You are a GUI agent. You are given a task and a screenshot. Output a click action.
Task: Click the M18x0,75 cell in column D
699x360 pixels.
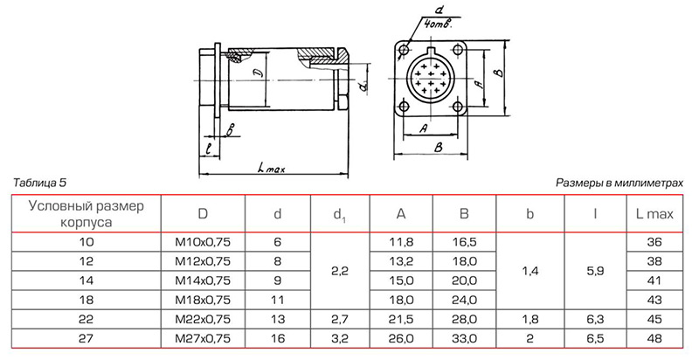tap(202, 298)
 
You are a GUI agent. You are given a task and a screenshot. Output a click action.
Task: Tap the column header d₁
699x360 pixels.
tap(339, 214)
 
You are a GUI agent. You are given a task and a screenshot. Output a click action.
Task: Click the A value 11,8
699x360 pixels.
tap(401, 241)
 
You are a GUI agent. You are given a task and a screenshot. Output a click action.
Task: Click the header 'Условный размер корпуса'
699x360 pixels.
tap(84, 213)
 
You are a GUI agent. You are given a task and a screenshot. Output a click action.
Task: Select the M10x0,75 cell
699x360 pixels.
tap(202, 241)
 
